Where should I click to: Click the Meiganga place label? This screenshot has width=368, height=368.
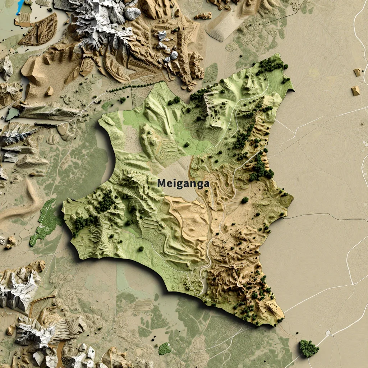point(183,183)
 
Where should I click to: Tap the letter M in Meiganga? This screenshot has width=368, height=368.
point(161,183)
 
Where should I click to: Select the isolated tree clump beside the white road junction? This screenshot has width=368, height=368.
point(308,348)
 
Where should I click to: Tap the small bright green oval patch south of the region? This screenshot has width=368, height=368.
point(165,348)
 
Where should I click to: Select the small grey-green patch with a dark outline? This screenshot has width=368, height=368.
point(13,114)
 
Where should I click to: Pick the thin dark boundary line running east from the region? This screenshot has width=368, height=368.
point(323,215)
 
